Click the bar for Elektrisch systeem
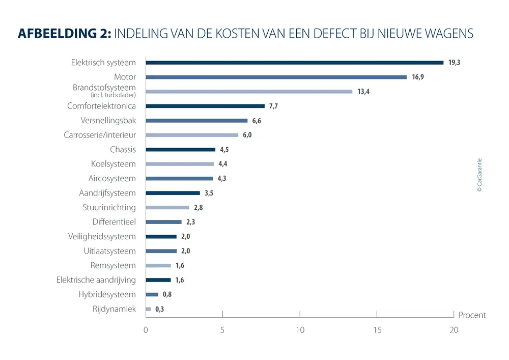[x=294, y=63]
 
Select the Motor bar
[x=276, y=77]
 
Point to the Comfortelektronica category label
[x=101, y=106]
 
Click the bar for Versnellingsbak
[x=196, y=121]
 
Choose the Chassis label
[x=123, y=150]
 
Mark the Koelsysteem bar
[x=180, y=164]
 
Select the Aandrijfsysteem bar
[x=173, y=193]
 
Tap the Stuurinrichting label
[x=109, y=207]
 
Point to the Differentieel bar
[x=163, y=222]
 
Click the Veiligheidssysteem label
[x=102, y=236]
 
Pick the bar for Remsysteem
[x=158, y=265]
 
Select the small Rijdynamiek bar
[x=148, y=309]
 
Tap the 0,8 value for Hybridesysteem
[x=167, y=294]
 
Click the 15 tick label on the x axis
[x=377, y=330]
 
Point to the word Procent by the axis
[x=472, y=315]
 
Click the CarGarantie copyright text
[x=479, y=175]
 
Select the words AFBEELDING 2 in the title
[x=64, y=34]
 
